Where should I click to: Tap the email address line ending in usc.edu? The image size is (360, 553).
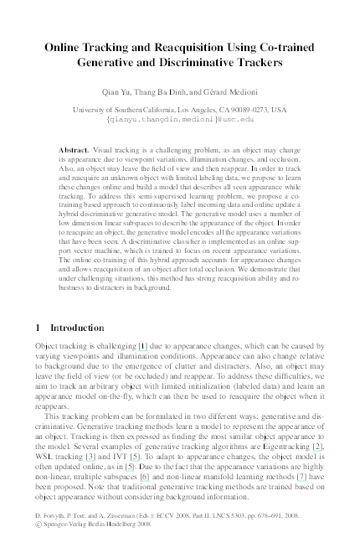pos(179,120)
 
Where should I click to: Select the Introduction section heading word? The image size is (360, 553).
pos(78,327)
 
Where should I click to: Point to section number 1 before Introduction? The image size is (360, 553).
pos(39,327)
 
